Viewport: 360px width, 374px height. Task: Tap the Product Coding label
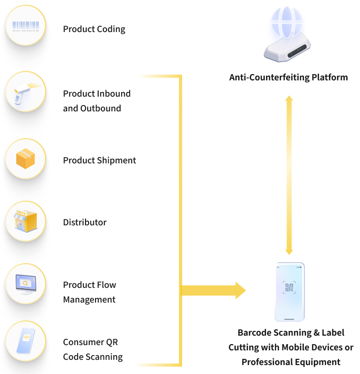tap(94, 29)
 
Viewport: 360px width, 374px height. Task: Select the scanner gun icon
tap(25, 91)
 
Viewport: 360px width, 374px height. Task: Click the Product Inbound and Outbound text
tap(97, 101)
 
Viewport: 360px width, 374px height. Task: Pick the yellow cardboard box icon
tap(25, 159)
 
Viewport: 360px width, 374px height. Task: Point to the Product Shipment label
tap(99, 160)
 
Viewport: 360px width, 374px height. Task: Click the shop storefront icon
tap(25, 221)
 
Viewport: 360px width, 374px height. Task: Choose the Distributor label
tap(84, 222)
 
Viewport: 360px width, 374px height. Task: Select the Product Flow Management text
tap(89, 292)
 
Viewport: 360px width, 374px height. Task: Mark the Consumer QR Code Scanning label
tap(92, 349)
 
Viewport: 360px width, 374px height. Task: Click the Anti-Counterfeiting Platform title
tap(288, 77)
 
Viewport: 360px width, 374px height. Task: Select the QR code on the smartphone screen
tap(289, 287)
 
